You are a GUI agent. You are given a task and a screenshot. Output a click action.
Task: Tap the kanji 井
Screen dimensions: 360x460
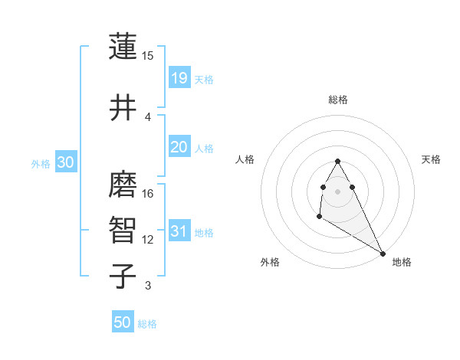click(123, 108)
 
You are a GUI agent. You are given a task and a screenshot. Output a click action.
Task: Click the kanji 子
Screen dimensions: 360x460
click(123, 277)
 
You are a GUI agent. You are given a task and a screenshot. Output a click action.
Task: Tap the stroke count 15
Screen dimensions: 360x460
click(148, 56)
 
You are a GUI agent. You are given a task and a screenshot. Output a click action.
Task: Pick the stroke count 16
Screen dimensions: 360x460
click(148, 194)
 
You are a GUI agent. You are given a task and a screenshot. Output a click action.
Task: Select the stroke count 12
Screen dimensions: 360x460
click(148, 240)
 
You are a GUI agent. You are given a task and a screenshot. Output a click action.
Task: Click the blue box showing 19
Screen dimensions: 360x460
click(179, 78)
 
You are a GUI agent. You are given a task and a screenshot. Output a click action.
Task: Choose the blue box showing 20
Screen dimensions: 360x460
click(179, 147)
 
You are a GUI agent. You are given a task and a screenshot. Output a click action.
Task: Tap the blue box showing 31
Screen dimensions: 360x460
click(179, 231)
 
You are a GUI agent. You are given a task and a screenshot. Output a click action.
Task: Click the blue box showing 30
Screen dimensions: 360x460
click(65, 162)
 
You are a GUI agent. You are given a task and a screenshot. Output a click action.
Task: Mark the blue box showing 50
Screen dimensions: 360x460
click(123, 323)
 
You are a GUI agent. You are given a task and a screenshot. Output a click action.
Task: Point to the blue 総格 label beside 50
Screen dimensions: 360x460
click(147, 324)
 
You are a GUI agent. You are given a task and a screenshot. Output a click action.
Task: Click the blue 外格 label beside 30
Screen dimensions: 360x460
click(41, 163)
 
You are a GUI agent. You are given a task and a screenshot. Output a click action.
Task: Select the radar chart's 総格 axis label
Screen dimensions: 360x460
click(338, 100)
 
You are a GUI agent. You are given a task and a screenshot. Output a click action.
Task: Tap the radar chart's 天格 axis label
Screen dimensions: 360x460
click(431, 159)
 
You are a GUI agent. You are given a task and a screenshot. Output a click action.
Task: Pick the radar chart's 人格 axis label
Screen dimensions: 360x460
click(245, 159)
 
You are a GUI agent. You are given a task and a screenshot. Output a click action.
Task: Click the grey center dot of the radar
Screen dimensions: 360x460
click(337, 191)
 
